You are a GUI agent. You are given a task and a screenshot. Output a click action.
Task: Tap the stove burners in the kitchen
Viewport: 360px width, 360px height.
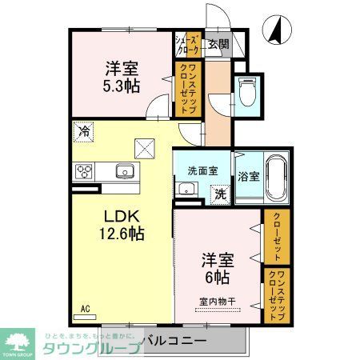[83, 171]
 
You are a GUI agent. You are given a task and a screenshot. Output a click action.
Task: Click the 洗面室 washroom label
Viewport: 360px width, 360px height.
[202, 170]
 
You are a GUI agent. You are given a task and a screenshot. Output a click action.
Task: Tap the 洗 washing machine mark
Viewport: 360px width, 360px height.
[218, 193]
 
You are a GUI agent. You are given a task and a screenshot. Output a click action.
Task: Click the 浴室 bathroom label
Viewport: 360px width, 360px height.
[247, 175]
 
